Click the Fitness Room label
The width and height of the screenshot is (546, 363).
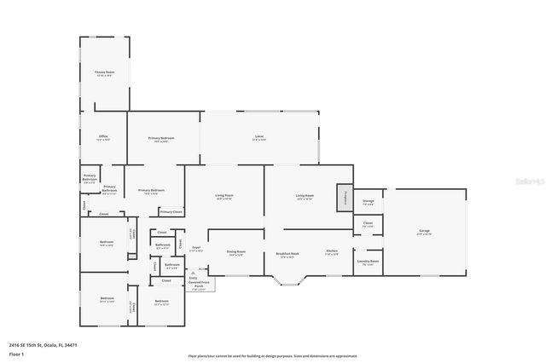point(104,73)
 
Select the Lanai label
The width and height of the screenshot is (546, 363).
point(258,137)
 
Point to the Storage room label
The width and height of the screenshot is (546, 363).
point(368,203)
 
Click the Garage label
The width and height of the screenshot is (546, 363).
point(424,232)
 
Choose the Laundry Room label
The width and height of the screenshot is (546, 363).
point(368,262)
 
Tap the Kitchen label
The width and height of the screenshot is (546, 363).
point(332,253)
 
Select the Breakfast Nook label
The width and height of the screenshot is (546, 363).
point(287,254)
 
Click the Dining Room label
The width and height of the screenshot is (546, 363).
point(236,253)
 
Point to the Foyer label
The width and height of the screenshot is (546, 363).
point(195,249)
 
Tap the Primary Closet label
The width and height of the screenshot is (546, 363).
point(171,211)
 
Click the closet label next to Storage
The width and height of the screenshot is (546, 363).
point(368,224)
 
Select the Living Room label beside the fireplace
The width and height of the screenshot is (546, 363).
point(305,197)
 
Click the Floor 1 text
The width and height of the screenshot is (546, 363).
point(17,353)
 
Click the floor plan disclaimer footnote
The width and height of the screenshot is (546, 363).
point(273,356)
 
